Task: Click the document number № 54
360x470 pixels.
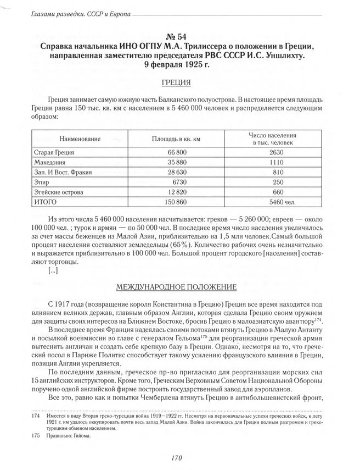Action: [x=180, y=36]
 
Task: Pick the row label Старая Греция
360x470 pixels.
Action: [x=54, y=152]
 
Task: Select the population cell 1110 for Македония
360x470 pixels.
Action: [x=275, y=163]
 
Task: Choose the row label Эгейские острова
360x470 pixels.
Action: [x=60, y=192]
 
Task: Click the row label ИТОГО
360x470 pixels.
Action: [x=46, y=203]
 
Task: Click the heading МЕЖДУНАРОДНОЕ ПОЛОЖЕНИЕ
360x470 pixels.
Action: [x=176, y=287]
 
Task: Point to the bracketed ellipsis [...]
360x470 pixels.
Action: [x=53, y=270]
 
